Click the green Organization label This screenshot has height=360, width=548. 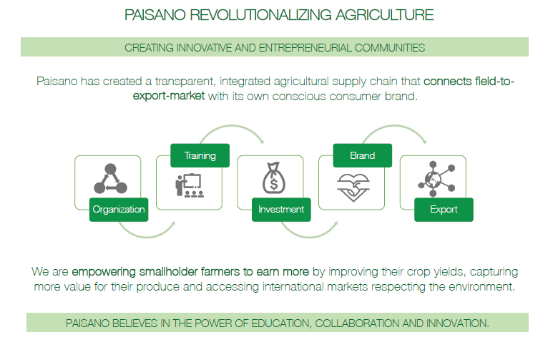(x=119, y=210)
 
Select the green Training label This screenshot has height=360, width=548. (x=200, y=155)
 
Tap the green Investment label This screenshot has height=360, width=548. (x=281, y=210)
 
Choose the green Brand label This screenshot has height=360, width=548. (x=363, y=155)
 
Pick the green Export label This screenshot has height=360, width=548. (x=444, y=210)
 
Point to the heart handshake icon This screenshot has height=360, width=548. (x=353, y=188)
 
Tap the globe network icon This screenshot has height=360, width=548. (x=436, y=179)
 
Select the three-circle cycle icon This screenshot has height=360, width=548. (x=110, y=179)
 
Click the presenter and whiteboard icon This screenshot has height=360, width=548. (x=189, y=185)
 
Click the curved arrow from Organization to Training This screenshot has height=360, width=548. (x=147, y=238)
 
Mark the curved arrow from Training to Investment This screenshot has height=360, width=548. (x=232, y=126)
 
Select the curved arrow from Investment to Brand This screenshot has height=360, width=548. (x=310, y=238)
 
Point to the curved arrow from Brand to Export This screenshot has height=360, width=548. (x=395, y=126)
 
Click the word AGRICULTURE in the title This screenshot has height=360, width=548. (x=384, y=15)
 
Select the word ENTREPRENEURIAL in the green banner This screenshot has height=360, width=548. (x=305, y=47)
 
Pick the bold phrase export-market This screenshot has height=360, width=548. (x=169, y=96)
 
